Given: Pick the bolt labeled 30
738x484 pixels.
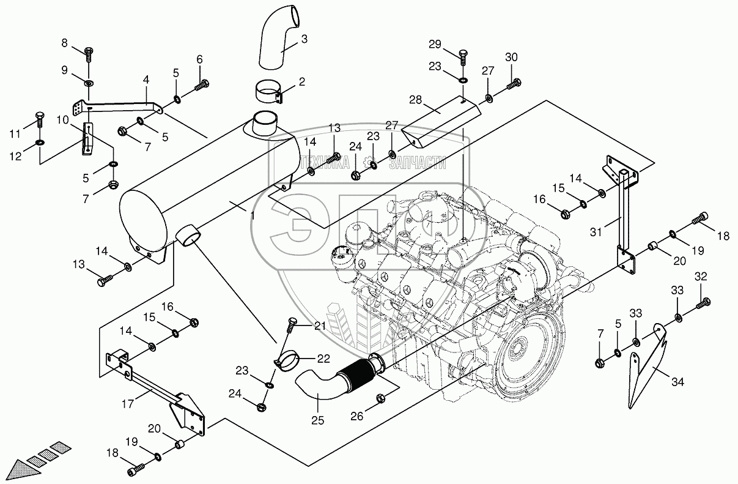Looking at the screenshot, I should pyautogui.click(x=514, y=84).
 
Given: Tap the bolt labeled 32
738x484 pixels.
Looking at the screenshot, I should pyautogui.click(x=705, y=301).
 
